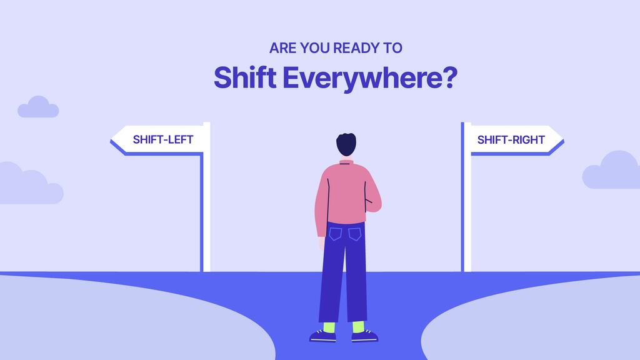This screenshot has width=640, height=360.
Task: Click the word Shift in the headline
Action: [x=244, y=77]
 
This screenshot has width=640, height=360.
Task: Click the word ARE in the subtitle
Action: [x=281, y=47]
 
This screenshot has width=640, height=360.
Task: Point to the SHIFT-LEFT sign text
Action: [x=162, y=139]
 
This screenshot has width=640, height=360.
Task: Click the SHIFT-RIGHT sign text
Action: [x=511, y=139]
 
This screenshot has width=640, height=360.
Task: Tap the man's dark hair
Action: [x=346, y=144]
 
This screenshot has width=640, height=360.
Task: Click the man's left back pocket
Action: [x=336, y=234]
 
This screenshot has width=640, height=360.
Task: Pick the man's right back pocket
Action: [x=355, y=234]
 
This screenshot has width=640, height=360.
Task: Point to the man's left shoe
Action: [x=324, y=337]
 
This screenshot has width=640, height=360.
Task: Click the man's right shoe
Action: [x=364, y=337]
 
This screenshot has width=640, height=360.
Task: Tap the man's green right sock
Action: [x=358, y=327]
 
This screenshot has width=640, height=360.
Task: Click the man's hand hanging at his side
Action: [x=322, y=244]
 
